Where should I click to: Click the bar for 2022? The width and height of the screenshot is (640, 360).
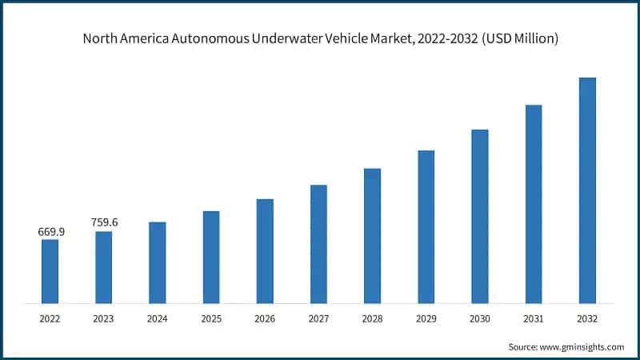click(x=50, y=271)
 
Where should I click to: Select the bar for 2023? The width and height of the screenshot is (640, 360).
click(x=103, y=267)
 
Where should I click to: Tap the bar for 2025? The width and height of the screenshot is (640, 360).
click(x=211, y=257)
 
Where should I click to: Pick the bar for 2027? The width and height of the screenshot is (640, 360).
click(x=318, y=244)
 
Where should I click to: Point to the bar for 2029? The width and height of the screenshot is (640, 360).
click(x=426, y=226)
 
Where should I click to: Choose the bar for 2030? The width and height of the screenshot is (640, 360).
click(x=480, y=216)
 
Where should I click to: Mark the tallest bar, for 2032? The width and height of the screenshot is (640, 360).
click(x=587, y=190)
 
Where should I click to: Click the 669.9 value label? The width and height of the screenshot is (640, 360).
click(x=50, y=232)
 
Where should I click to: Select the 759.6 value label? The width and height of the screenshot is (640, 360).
click(x=104, y=222)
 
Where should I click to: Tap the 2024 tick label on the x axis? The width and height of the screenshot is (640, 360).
click(x=158, y=318)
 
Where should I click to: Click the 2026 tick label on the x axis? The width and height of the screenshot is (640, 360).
click(x=265, y=318)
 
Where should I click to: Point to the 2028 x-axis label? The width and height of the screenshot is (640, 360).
click(x=372, y=318)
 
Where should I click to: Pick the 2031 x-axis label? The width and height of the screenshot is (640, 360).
click(x=534, y=318)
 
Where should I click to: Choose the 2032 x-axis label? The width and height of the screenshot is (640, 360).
click(x=587, y=318)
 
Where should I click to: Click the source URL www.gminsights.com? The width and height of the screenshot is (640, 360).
click(x=581, y=346)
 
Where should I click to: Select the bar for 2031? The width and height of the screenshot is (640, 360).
click(x=534, y=204)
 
